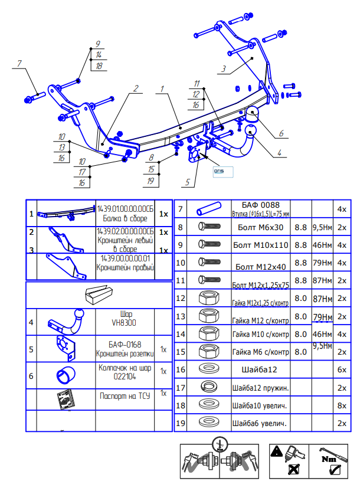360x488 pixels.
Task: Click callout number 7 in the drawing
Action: point(19,63)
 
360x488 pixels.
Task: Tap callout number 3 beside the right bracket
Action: point(224,69)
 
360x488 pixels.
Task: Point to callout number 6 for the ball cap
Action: point(282,133)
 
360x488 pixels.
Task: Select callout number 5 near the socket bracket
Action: point(187,182)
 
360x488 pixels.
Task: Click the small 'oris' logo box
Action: point(223,171)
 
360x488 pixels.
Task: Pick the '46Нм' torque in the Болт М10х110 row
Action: point(321,244)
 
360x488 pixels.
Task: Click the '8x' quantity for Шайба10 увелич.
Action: point(341,405)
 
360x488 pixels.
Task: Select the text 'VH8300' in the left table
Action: point(124,323)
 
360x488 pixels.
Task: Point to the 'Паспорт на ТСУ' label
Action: point(124,397)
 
